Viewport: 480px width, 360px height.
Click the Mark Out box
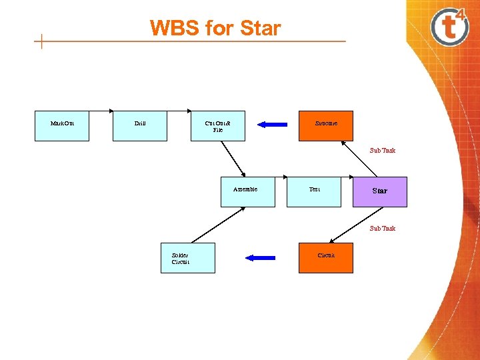point(61,125)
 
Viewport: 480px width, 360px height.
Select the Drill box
point(139,125)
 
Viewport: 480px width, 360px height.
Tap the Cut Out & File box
point(217,125)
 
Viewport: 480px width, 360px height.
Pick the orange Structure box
point(325,125)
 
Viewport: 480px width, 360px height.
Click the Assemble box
point(247,192)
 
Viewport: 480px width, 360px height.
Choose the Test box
point(313,192)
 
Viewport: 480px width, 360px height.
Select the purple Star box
point(379,191)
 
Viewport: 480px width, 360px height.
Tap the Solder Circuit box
point(188,258)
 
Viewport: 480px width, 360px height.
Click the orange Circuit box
point(325,258)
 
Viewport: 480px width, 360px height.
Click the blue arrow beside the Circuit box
point(260,257)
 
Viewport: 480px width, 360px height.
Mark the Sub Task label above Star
point(383,150)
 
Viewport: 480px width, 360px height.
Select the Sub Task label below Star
point(383,228)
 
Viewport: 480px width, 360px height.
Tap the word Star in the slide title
point(261,28)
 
